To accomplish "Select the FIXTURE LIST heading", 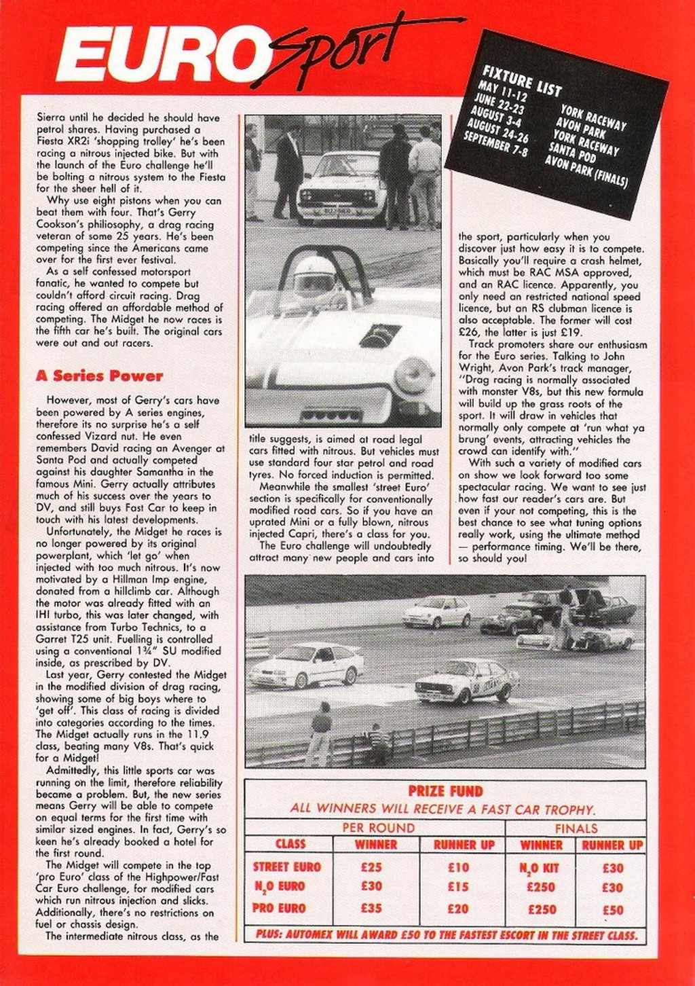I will pos(522,81).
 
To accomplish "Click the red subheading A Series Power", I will pos(99,376).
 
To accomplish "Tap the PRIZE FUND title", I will pos(445,790).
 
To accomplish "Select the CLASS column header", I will pos(290,844).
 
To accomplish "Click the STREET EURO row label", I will pos(287,866).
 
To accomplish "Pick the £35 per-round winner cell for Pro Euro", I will pos(371,907).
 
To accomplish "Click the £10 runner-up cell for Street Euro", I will pos(458,866).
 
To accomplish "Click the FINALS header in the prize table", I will pos(576,828).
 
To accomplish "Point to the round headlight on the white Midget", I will pos(413,374).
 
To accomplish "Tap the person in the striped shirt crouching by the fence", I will pos(377,744).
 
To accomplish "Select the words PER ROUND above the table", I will pos(378,828).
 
